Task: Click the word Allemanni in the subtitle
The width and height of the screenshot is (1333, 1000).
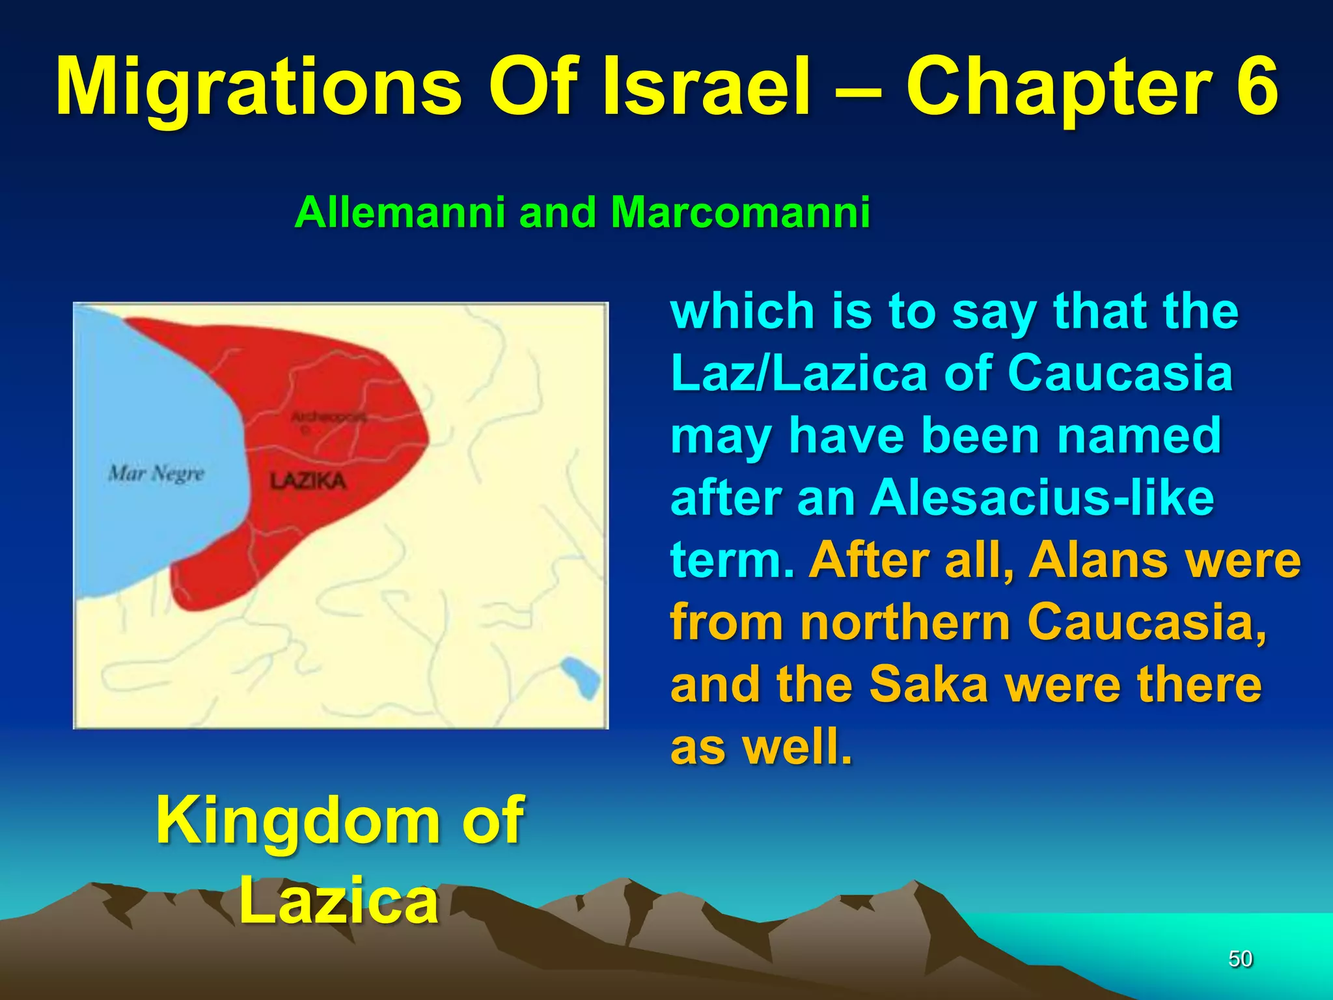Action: point(400,212)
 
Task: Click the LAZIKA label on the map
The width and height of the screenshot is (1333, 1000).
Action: point(308,482)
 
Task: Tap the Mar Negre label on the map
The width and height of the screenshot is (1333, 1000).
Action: point(156,473)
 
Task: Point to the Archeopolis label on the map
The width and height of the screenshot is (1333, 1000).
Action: point(329,417)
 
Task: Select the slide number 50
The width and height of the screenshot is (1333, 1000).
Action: point(1240,959)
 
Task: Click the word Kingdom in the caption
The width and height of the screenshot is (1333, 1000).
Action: point(297,820)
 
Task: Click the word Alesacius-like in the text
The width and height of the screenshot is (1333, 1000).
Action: point(1042,498)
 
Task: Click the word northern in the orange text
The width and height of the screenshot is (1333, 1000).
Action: point(905,622)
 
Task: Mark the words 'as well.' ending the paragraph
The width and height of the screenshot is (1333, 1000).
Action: point(761,747)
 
